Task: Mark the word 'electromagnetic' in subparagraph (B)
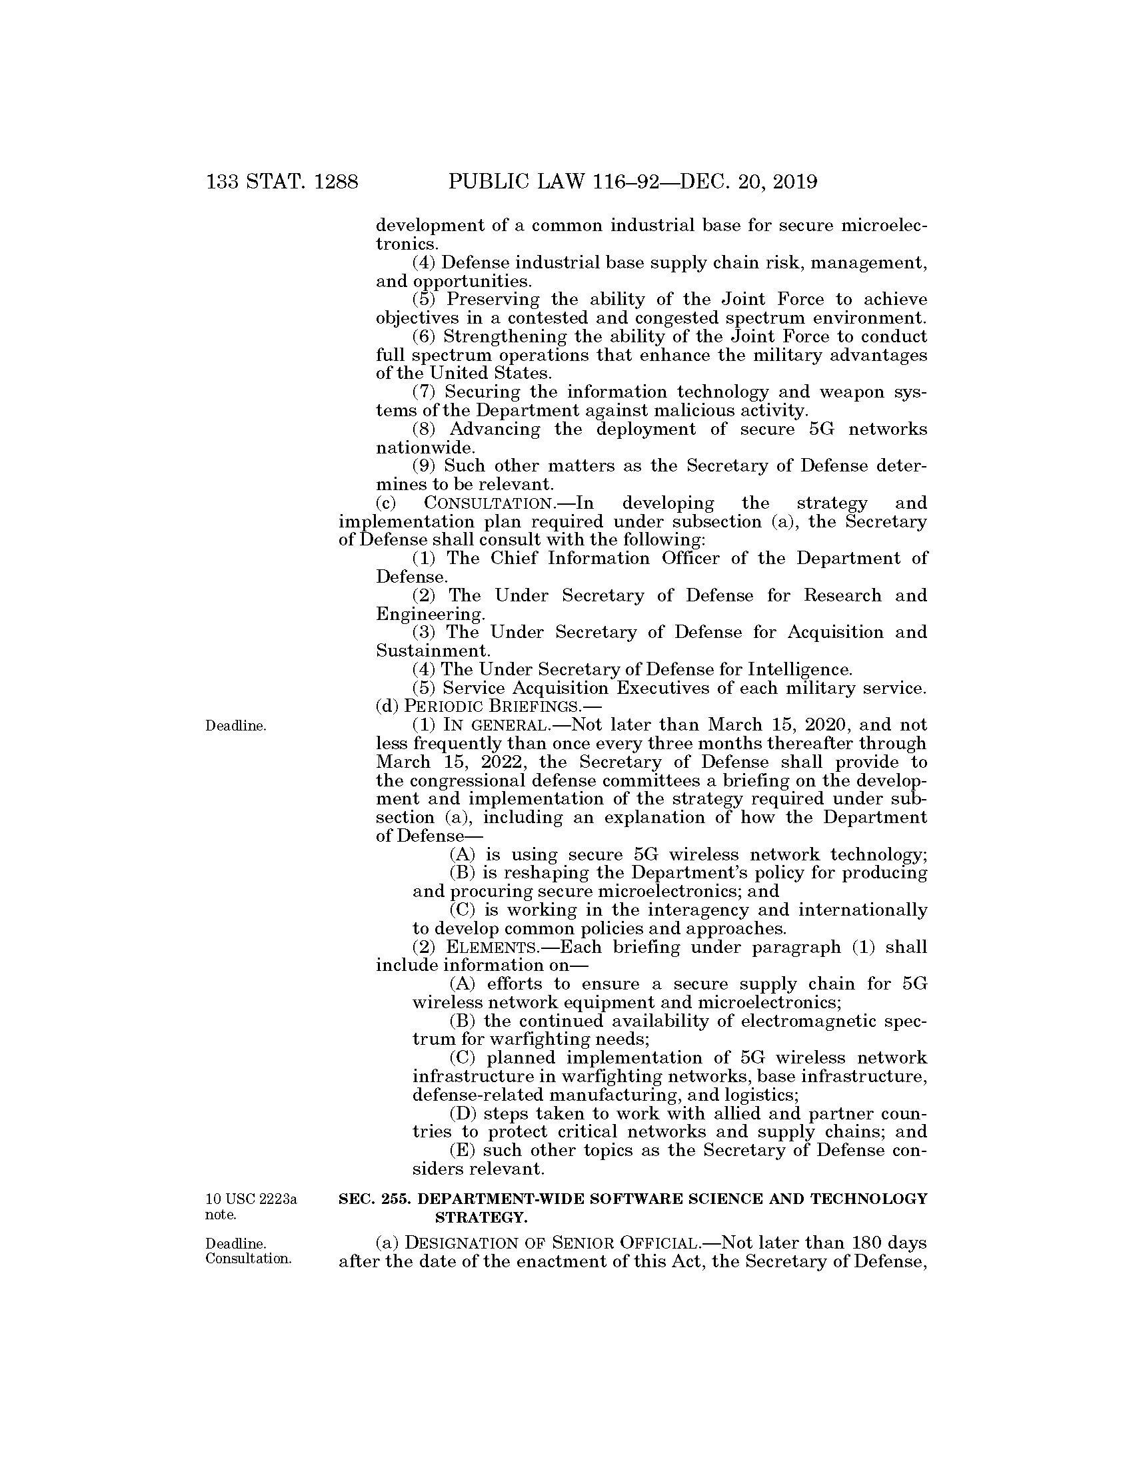805,1021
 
